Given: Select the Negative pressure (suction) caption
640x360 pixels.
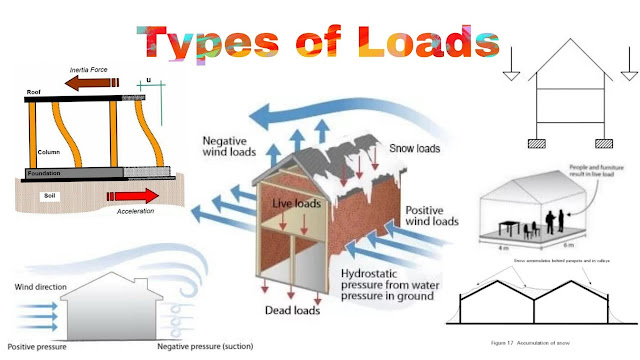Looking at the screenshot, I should (x=206, y=347).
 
